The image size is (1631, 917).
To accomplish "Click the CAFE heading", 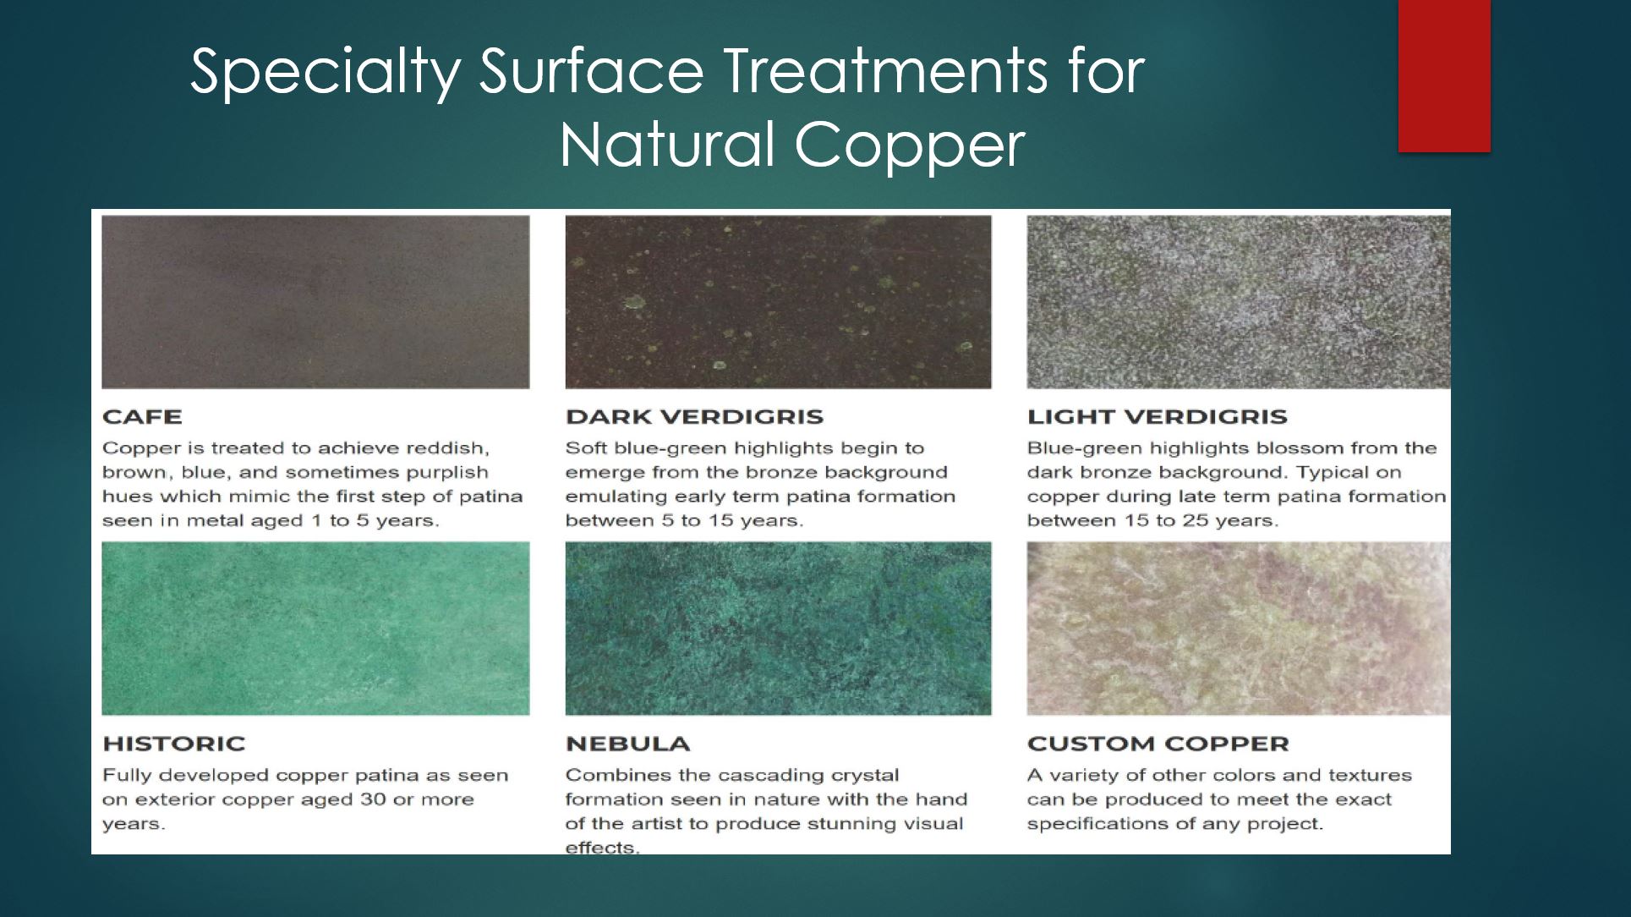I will (x=142, y=417).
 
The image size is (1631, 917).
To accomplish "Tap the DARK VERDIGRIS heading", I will (x=694, y=417).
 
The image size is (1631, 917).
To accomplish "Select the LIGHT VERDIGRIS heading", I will (x=1157, y=417).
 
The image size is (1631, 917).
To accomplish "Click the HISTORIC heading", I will (x=173, y=744).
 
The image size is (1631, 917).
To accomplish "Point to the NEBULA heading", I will (x=627, y=744).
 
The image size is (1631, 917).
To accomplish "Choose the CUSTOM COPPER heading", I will (x=1158, y=744).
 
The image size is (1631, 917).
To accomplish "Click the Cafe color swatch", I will (x=315, y=302).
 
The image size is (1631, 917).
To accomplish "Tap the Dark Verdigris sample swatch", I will (x=778, y=302).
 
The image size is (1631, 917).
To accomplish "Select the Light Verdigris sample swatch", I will (x=1238, y=302).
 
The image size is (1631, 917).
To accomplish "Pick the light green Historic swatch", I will (x=315, y=629).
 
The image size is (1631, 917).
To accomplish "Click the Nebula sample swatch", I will (x=778, y=629).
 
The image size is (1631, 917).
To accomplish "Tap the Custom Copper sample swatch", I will (x=1238, y=629).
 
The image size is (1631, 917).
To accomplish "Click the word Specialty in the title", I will (x=325, y=72).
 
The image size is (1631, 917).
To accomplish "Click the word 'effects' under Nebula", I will (x=601, y=848).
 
